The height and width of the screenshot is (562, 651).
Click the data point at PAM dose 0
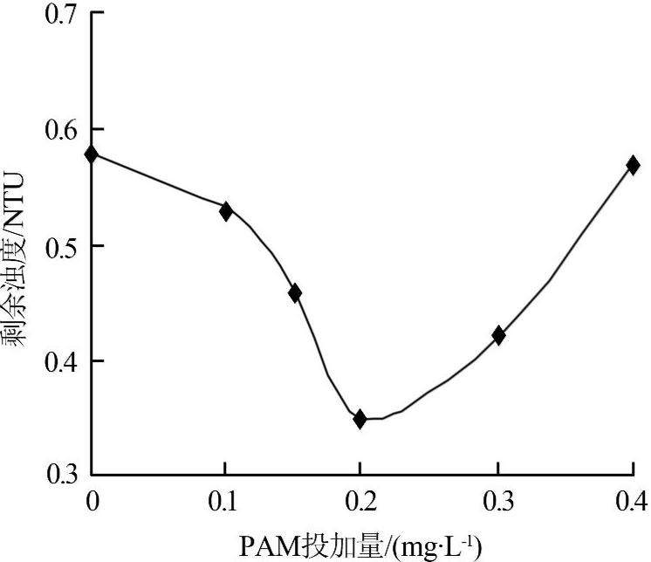pyautogui.click(x=92, y=154)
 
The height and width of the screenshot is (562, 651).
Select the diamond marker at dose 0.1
pyautogui.click(x=226, y=210)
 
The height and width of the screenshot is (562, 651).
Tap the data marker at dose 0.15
pyautogui.click(x=295, y=292)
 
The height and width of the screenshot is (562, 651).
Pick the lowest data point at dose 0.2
pyautogui.click(x=360, y=419)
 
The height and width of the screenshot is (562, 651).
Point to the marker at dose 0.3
pyautogui.click(x=498, y=335)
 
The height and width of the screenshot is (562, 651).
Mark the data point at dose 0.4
pyautogui.click(x=633, y=164)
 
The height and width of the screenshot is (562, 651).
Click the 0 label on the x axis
pyautogui.click(x=92, y=502)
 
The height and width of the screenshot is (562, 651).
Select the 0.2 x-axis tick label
pyautogui.click(x=360, y=502)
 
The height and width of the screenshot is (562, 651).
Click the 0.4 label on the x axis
pyautogui.click(x=629, y=502)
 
